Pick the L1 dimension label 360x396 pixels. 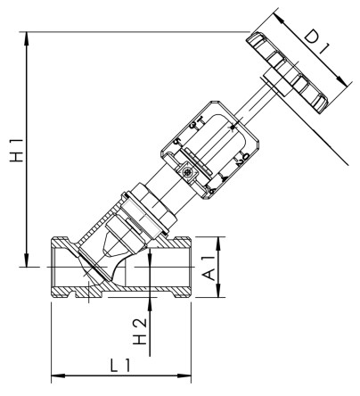(x=121, y=364)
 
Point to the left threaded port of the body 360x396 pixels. (x=64, y=268)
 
